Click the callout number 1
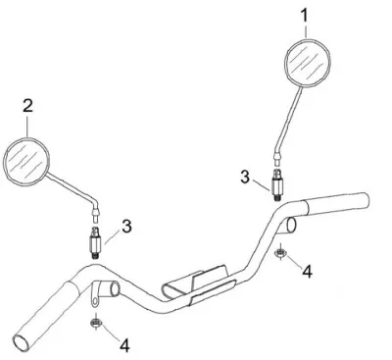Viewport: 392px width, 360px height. point(305,16)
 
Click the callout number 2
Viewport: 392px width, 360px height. point(27,106)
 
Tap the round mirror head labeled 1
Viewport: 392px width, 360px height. point(308,63)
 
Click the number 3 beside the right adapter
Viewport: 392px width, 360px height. point(245,177)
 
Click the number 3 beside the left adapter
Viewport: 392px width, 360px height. point(126,227)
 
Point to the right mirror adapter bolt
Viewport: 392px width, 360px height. point(277,184)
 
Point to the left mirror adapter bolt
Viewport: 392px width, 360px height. point(95,242)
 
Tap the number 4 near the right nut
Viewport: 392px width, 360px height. point(307,272)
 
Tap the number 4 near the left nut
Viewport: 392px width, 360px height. point(124,345)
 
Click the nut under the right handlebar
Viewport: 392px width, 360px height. point(280,253)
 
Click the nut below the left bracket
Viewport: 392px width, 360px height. point(96,323)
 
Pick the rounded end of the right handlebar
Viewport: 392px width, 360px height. point(366,200)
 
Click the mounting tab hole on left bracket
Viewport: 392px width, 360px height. point(95,300)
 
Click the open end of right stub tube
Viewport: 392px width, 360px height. point(291,225)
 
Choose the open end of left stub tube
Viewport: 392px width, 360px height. point(115,288)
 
